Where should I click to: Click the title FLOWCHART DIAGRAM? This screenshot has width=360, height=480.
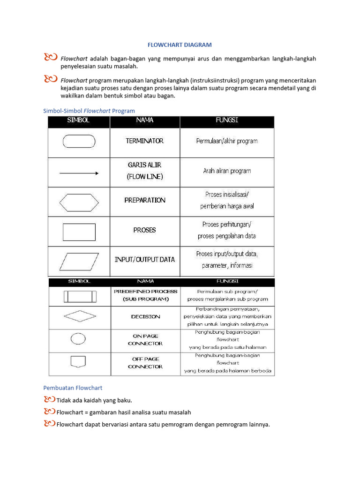click(x=180, y=45)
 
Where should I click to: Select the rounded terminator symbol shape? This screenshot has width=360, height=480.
click(x=79, y=141)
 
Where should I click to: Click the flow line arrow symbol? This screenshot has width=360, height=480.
click(x=79, y=173)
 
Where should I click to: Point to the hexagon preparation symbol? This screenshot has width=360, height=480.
click(x=79, y=202)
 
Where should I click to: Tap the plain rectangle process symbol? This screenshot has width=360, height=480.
click(x=79, y=232)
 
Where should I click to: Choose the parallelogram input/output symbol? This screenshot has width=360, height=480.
click(x=79, y=261)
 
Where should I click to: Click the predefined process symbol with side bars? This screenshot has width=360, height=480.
click(x=80, y=297)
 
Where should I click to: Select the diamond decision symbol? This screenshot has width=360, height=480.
click(x=80, y=316)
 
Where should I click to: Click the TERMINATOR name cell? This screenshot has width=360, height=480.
click(x=145, y=141)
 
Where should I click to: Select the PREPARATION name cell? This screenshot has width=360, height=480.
click(x=145, y=200)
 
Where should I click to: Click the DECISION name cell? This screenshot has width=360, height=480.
click(x=145, y=317)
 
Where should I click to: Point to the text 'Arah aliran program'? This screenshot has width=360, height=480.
click(x=227, y=171)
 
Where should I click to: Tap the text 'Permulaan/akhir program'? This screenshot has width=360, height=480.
click(x=227, y=141)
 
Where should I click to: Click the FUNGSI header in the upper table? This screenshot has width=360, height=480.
click(x=227, y=120)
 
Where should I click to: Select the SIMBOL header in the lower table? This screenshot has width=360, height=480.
click(x=79, y=282)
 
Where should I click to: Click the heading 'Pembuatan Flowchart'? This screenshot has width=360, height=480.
click(x=73, y=388)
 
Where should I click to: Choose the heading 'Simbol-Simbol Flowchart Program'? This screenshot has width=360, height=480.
click(x=89, y=111)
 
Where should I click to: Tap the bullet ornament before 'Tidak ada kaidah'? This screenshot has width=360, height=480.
click(x=49, y=400)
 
